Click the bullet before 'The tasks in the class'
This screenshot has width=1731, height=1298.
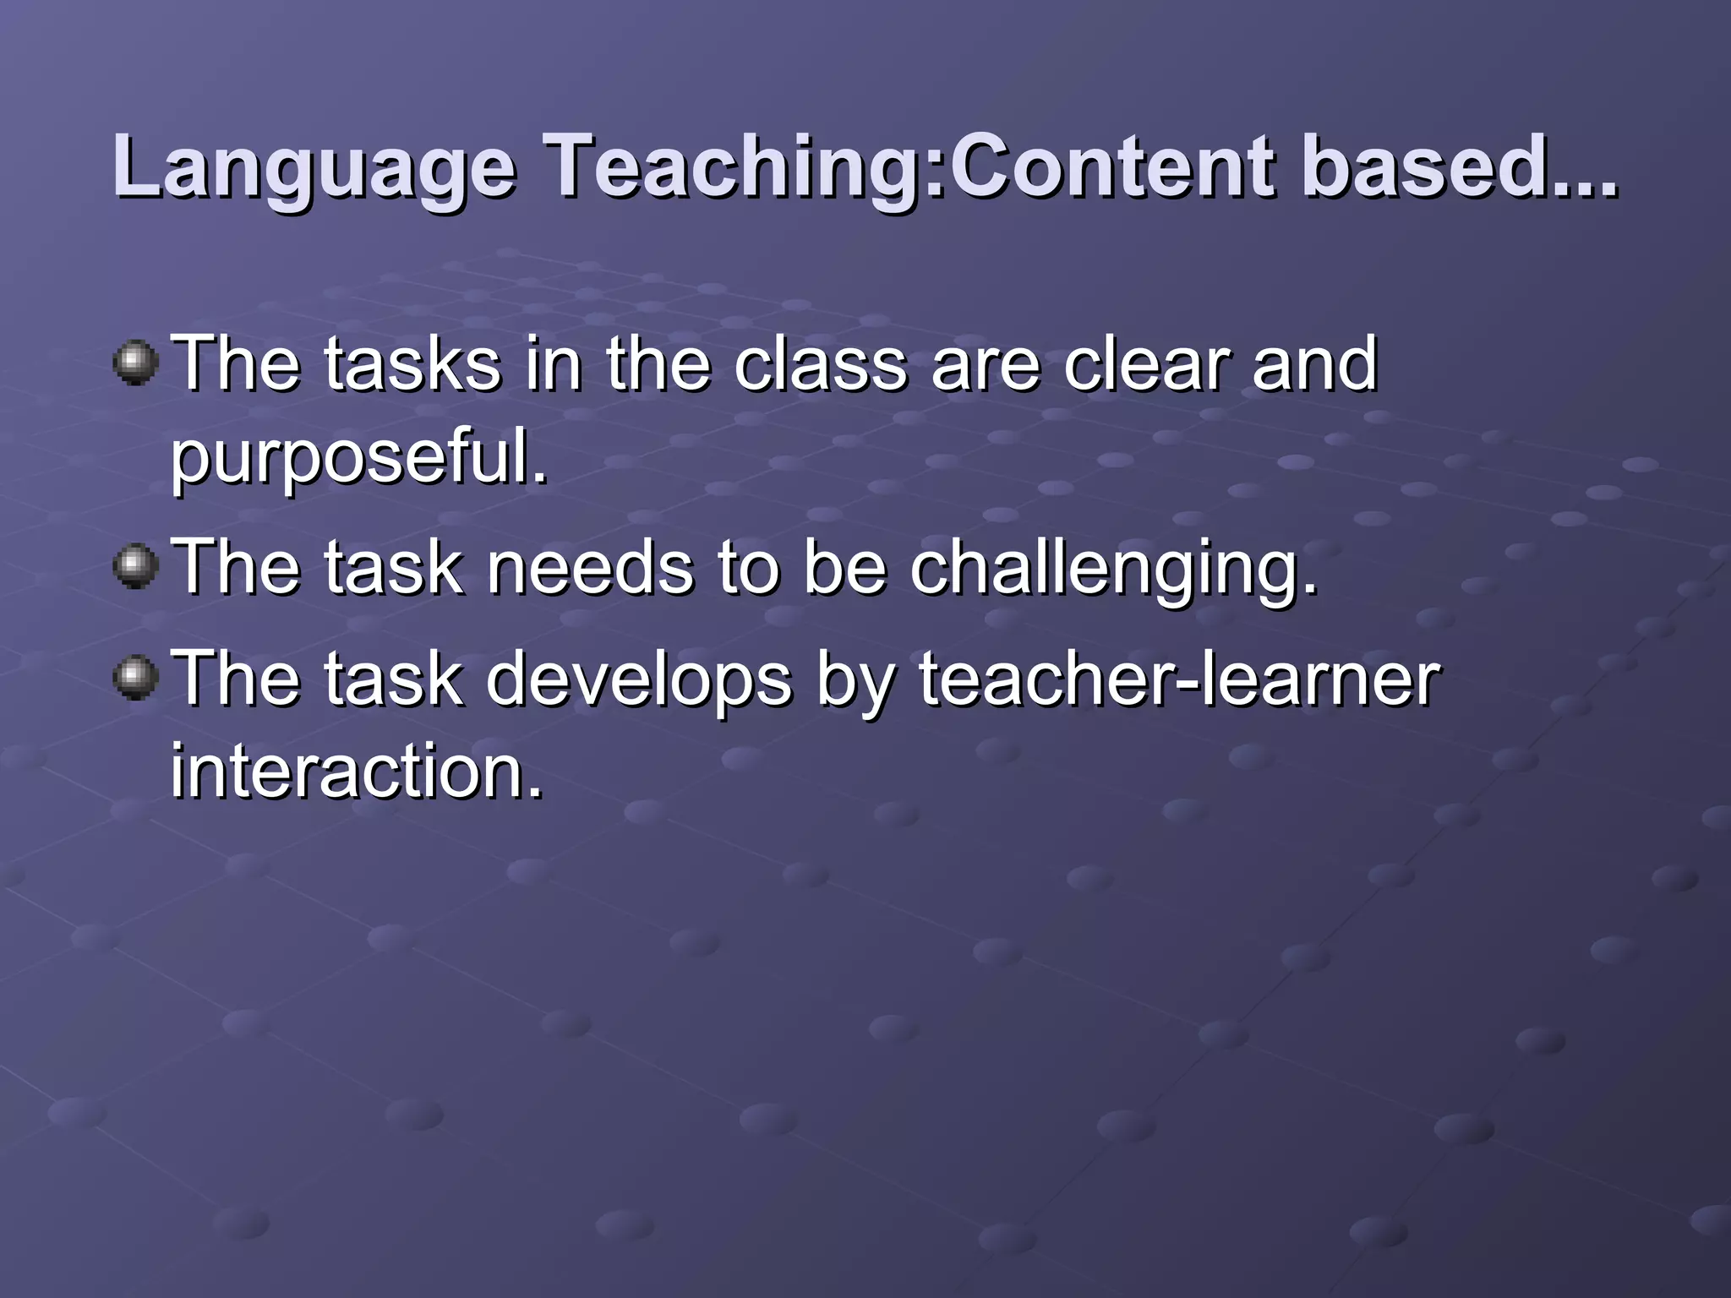135,363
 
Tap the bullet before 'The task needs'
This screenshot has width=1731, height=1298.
135,565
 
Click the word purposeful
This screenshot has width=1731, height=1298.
359,457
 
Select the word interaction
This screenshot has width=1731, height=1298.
356,770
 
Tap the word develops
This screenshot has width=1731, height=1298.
639,681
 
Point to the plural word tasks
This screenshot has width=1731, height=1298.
413,364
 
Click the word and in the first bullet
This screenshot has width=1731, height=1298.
1314,364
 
